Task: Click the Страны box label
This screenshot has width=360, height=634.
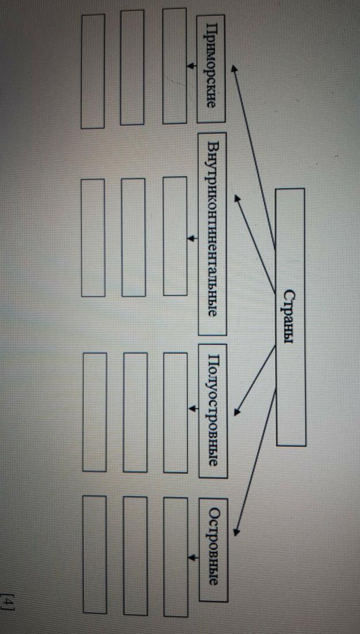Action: point(289,317)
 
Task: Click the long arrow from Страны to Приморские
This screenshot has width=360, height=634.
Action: point(253,155)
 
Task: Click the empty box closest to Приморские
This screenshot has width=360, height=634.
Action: point(174,66)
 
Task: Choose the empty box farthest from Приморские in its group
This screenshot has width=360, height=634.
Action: point(93,71)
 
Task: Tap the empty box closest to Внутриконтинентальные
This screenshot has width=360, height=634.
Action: point(175,236)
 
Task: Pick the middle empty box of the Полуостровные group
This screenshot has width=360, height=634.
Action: point(135,412)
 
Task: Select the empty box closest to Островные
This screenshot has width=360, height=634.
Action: point(175,556)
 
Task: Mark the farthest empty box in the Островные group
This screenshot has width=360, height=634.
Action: point(94,555)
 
